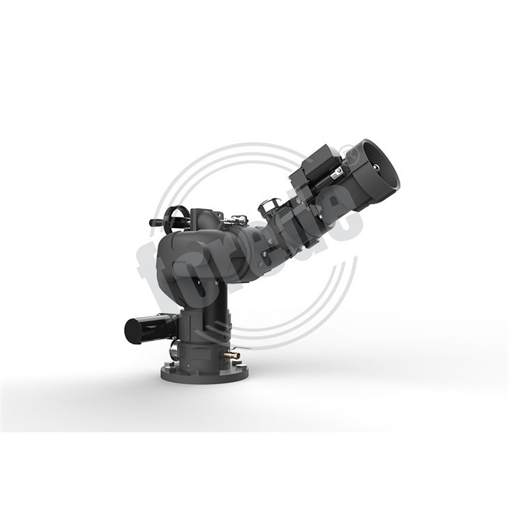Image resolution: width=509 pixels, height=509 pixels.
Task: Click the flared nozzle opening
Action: coord(380,170)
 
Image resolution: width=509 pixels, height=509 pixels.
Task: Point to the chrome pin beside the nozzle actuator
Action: coord(341,170)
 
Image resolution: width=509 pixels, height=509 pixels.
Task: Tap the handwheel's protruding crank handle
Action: coord(154,223)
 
